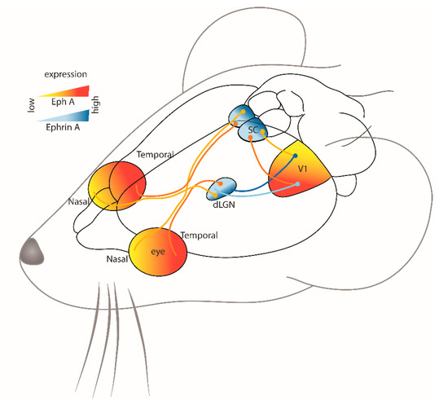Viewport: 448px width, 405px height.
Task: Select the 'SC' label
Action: click(253, 127)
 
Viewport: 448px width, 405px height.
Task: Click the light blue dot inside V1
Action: click(298, 184)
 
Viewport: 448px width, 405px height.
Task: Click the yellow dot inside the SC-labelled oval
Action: click(262, 131)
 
